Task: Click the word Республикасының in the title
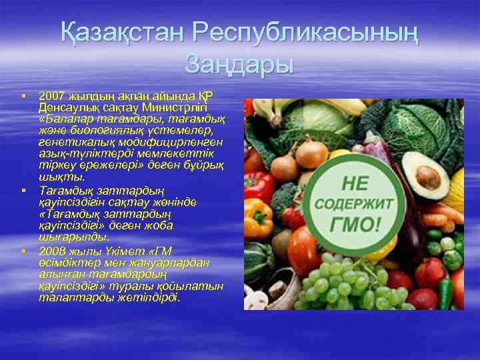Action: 305,34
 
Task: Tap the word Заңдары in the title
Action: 239,65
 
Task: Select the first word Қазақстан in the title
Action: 120,34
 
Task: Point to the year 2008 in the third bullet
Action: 51,251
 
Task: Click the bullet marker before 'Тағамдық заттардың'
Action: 23,191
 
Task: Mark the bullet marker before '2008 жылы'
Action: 23,251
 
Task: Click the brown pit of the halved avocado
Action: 429,177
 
